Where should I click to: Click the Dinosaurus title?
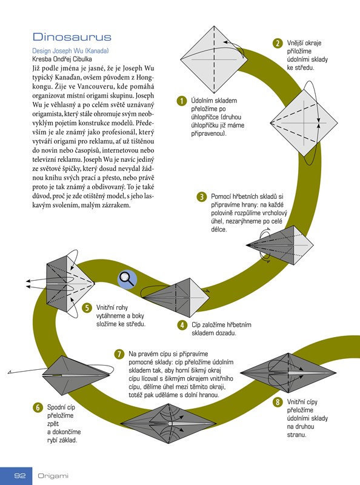click(72, 37)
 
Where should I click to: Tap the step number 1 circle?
click(182, 101)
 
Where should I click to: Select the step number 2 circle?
click(278, 43)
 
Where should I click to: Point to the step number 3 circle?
click(202, 196)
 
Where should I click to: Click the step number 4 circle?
click(182, 325)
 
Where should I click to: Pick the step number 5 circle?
click(87, 308)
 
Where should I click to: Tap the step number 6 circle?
click(38, 407)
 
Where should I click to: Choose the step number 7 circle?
click(119, 354)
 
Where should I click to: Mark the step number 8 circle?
click(278, 402)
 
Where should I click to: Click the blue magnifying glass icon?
click(127, 279)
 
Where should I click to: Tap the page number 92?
click(20, 475)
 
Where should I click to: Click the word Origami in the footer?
click(53, 476)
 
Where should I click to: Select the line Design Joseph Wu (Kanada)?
click(70, 51)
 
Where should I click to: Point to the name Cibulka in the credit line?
click(82, 59)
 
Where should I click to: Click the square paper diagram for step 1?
click(214, 59)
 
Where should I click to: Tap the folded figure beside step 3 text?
click(280, 245)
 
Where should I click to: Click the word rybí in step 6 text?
click(53, 440)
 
